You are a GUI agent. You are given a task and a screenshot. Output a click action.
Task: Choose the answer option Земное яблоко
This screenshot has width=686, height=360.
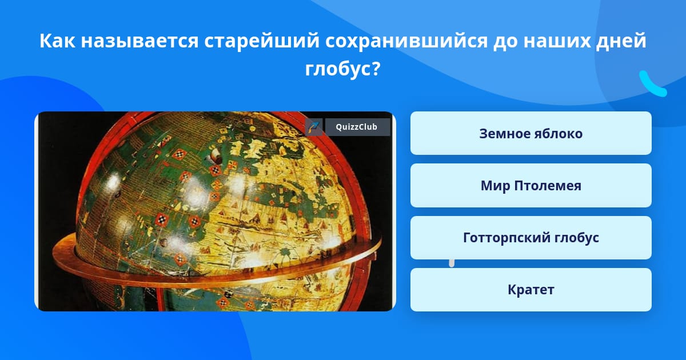coord(531,133)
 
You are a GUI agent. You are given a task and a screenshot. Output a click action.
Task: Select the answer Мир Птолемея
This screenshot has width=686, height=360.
coord(531,186)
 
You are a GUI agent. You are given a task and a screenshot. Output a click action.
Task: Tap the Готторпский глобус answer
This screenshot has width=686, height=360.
coord(531,238)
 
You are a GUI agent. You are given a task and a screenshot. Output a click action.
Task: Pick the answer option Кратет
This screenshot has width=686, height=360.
coord(531,290)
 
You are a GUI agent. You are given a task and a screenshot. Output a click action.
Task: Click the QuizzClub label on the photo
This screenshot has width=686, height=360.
coord(357,127)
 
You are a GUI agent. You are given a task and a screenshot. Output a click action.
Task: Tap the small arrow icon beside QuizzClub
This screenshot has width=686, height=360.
coord(314,127)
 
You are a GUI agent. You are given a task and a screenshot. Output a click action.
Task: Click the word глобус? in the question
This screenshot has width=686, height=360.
coord(342,69)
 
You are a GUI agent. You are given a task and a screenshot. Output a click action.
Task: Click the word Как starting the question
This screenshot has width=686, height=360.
coord(57,41)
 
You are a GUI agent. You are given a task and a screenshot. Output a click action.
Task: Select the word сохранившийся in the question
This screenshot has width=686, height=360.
coord(406,41)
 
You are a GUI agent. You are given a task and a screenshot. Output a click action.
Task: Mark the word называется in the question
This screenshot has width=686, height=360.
coord(139,41)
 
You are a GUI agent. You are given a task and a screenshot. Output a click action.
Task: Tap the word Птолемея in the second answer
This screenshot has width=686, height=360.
coord(548,186)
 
